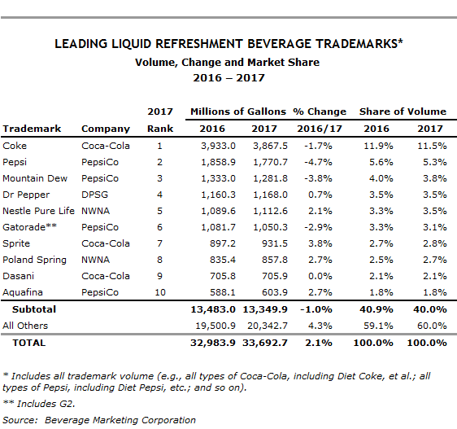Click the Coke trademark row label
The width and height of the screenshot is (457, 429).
tap(15, 146)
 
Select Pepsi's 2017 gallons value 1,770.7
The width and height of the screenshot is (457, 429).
tap(270, 162)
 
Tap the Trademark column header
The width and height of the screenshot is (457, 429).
tap(32, 129)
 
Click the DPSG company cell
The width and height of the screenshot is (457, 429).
tap(94, 195)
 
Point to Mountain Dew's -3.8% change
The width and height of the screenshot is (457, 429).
tap(318, 178)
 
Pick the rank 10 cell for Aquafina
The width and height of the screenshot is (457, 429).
tap(160, 292)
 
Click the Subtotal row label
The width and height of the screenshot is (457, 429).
tap(34, 309)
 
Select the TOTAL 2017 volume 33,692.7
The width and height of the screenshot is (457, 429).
tap(265, 343)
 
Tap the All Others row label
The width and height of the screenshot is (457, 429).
tap(25, 326)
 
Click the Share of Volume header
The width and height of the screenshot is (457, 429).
tap(403, 112)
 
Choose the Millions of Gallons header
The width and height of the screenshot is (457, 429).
tap(238, 112)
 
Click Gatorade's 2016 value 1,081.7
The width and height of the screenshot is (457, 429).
tap(218, 227)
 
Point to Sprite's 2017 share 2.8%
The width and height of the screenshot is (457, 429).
tap(435, 243)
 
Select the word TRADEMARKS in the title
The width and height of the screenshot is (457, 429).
tap(358, 44)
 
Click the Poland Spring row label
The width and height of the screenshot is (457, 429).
tap(34, 260)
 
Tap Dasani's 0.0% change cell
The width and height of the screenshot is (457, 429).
tap(320, 276)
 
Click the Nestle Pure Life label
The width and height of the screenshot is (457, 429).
tap(38, 211)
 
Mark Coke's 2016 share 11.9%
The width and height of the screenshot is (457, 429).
tap(378, 146)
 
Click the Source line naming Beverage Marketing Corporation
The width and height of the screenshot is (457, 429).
tap(99, 420)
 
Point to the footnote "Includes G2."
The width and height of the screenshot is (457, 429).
tap(46, 404)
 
